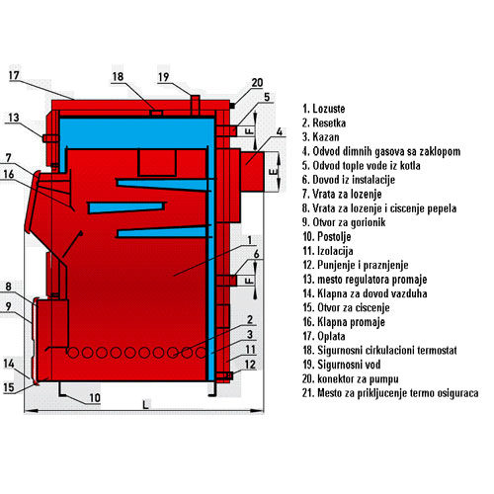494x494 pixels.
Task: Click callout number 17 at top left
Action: (x=14, y=75)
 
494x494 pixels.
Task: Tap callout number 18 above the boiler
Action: (x=118, y=77)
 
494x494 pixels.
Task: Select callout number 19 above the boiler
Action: (x=164, y=77)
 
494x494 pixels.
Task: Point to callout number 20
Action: (x=257, y=82)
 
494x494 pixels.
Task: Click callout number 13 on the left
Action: (x=14, y=118)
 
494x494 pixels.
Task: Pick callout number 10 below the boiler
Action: (x=95, y=398)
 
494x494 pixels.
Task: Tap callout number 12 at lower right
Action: (x=250, y=365)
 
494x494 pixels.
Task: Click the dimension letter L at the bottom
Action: (x=145, y=405)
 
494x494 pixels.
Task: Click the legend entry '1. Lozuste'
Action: (x=324, y=109)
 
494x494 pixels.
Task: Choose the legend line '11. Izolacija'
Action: (x=328, y=251)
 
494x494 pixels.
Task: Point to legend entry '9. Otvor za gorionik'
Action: (x=344, y=222)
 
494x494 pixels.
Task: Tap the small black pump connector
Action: (x=232, y=106)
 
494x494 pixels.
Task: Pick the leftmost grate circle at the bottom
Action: (x=73, y=353)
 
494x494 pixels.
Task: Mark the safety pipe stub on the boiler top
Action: (x=196, y=105)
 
